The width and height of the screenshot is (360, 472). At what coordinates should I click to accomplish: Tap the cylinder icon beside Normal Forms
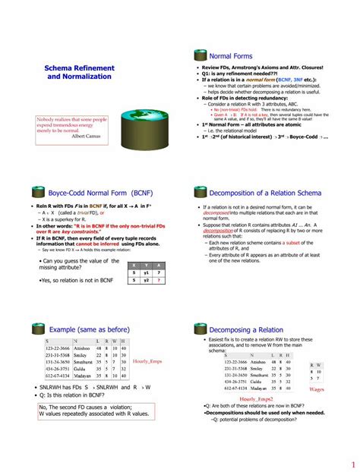(x=200, y=55)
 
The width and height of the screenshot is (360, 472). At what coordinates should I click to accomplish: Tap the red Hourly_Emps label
(x=147, y=361)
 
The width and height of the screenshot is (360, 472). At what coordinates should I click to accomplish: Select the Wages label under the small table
(x=317, y=389)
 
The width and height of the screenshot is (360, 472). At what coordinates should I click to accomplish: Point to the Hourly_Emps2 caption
(x=256, y=398)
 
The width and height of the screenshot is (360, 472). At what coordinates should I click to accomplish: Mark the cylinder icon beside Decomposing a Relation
(x=200, y=329)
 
